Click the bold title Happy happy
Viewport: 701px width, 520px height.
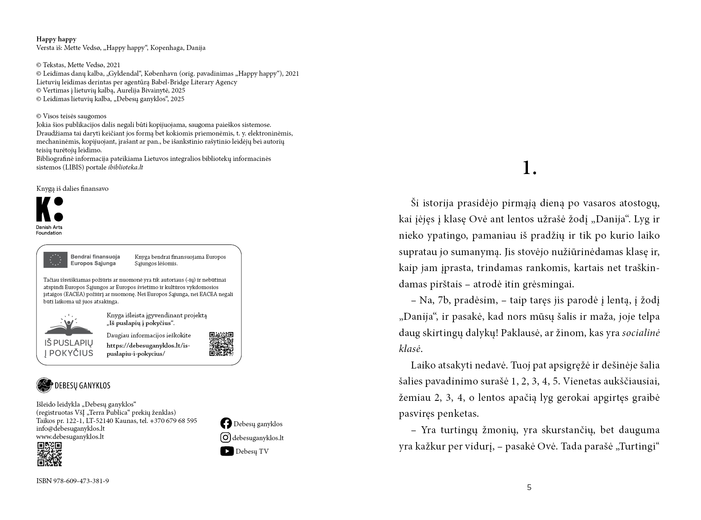56,39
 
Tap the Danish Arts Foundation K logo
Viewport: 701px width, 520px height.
50,209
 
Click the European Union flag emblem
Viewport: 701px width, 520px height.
55,260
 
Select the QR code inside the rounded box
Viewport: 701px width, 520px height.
221,344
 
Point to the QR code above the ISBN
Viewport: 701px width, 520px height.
49,454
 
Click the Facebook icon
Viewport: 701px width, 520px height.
226,423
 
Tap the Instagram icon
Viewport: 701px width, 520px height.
225,437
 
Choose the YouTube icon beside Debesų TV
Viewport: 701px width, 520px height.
227,451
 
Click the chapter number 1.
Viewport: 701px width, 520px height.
529,168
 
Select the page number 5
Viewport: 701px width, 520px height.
529,487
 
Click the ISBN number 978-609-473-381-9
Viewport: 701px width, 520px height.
81,481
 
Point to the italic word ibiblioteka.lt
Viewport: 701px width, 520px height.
125,167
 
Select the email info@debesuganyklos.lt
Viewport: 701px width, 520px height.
70,429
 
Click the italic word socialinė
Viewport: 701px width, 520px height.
641,333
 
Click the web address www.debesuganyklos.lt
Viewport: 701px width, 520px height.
70,436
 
